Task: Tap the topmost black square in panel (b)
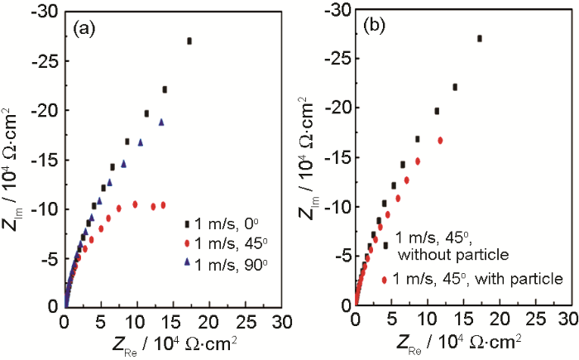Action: tap(480, 38)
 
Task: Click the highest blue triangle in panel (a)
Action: tap(162, 122)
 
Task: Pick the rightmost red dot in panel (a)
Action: tap(163, 204)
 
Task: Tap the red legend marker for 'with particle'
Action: tap(385, 279)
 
